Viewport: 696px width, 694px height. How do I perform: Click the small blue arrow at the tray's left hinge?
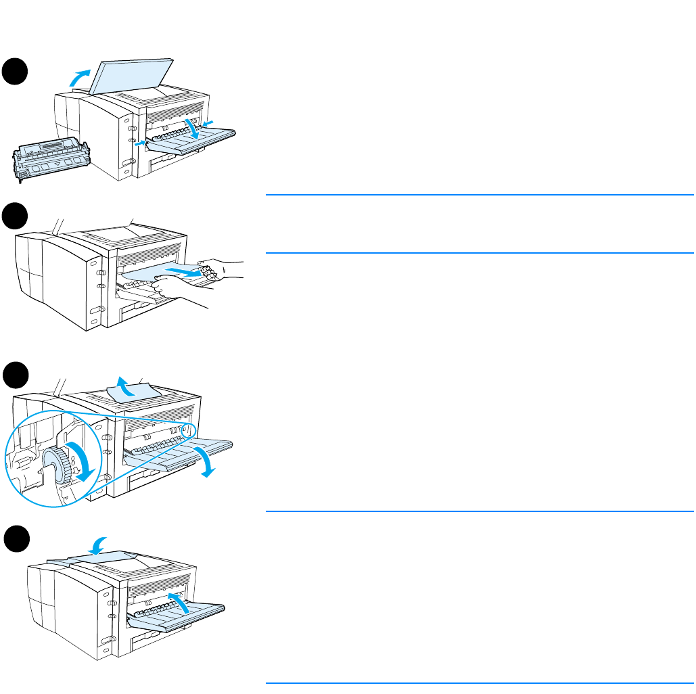139,143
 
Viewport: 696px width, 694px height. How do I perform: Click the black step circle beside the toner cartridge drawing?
14,71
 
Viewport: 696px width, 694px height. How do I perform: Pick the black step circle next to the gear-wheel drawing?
14,375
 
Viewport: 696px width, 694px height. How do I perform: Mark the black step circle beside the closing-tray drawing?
14,540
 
